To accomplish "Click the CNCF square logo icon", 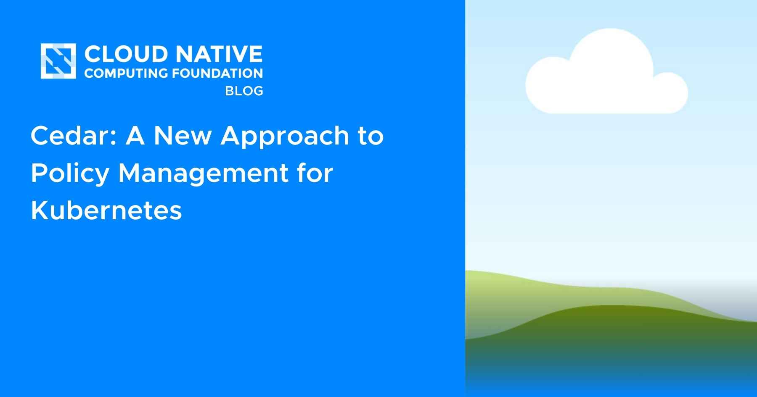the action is tap(58, 61).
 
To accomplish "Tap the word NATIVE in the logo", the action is tap(219, 54).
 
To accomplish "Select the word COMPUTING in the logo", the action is tap(126, 73).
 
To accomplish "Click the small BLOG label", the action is tap(244, 91).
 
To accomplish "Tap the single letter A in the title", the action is tap(135, 136).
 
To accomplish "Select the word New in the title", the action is tap(183, 136).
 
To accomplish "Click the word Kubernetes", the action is tap(106, 210).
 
